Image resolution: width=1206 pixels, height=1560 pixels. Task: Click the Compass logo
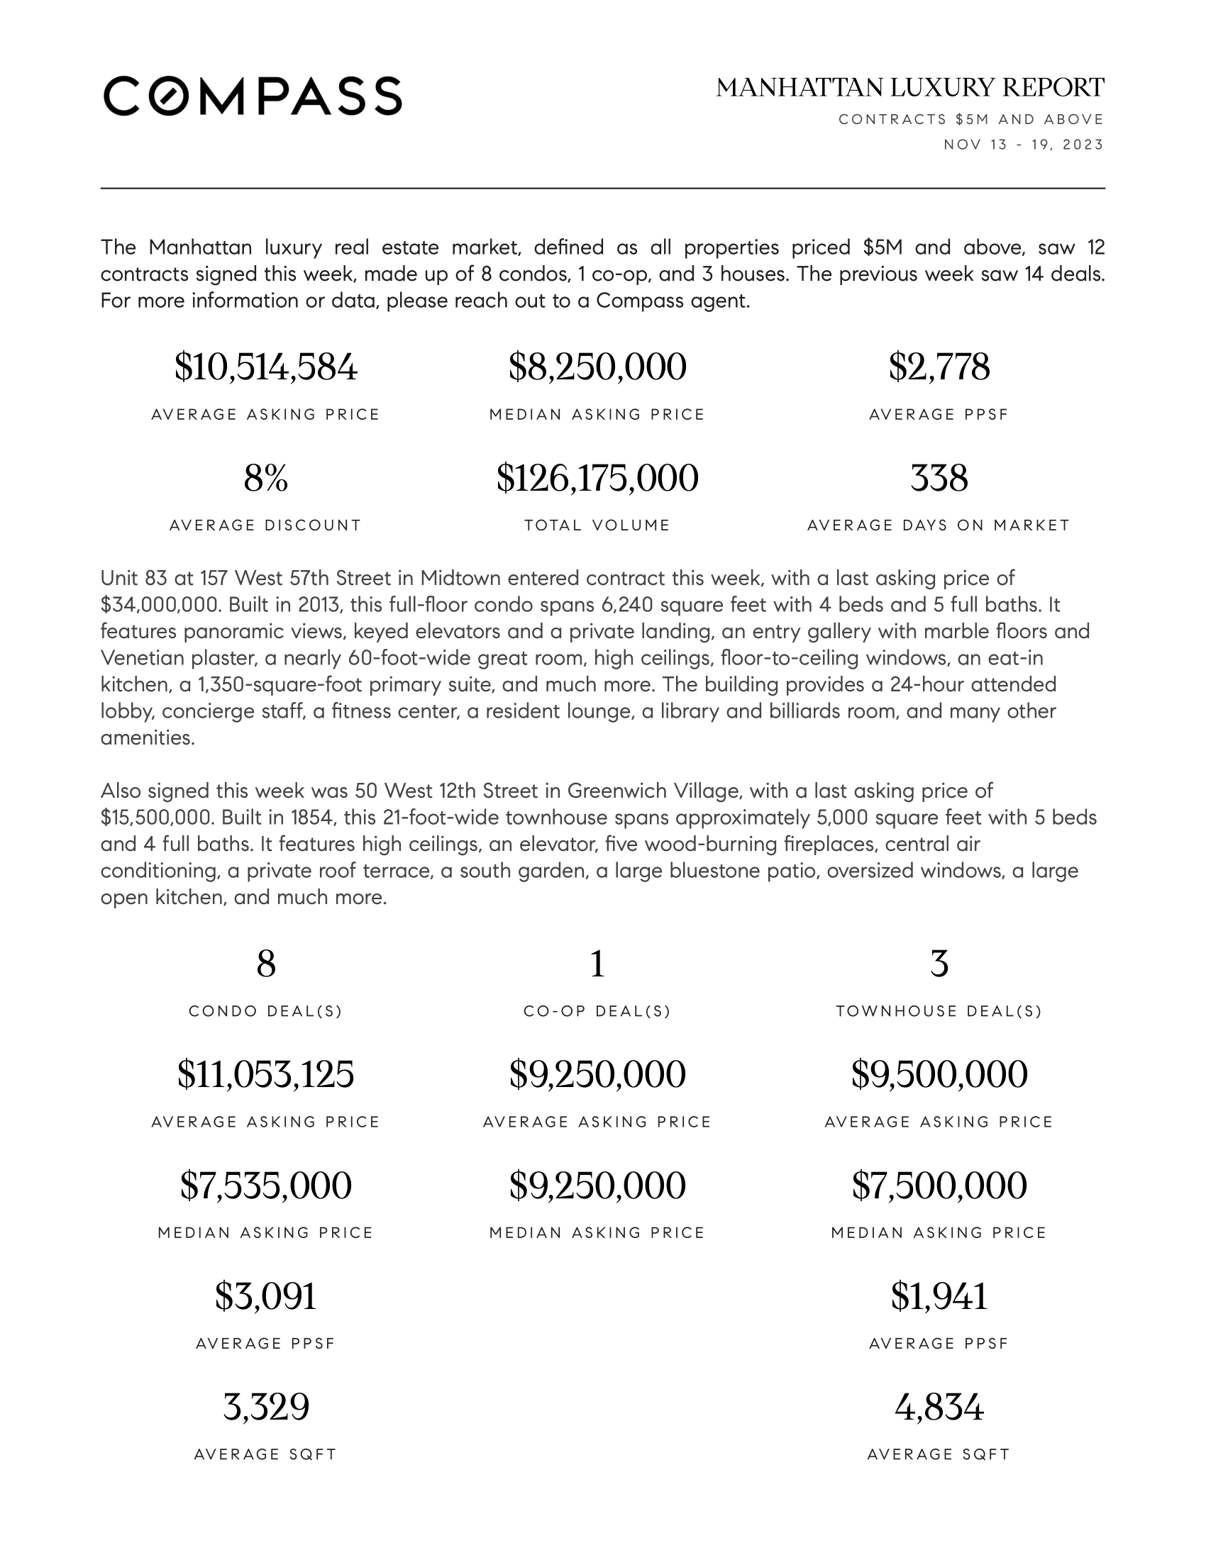click(253, 96)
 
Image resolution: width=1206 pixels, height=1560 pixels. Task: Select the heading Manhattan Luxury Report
click(909, 88)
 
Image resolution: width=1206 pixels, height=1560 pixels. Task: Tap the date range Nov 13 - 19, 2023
click(1023, 145)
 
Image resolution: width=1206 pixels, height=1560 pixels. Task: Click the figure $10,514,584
click(266, 367)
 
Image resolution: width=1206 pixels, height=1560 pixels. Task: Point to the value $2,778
click(939, 367)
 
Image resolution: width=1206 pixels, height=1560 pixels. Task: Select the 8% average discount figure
click(266, 479)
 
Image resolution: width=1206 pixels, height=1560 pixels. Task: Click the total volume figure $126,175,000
click(597, 479)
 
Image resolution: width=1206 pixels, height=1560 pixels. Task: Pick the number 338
click(939, 479)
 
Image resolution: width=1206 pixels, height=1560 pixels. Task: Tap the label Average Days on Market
click(939, 525)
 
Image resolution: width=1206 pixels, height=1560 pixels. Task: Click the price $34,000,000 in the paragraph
click(160, 605)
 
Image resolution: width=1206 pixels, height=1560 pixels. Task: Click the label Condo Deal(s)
click(266, 1011)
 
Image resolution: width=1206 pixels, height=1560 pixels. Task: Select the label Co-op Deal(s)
click(597, 1011)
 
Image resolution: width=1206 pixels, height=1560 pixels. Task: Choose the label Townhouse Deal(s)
click(939, 1011)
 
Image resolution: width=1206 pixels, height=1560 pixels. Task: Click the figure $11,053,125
click(266, 1075)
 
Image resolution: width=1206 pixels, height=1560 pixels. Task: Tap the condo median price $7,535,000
click(266, 1186)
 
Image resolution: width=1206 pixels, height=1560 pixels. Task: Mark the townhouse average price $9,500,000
click(939, 1075)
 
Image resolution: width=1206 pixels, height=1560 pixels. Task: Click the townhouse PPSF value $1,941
click(939, 1296)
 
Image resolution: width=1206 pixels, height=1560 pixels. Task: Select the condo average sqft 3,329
click(266, 1408)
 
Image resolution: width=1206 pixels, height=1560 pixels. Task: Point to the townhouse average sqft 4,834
click(939, 1408)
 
